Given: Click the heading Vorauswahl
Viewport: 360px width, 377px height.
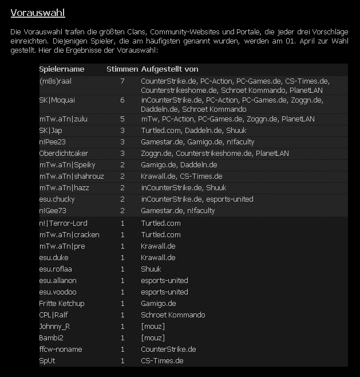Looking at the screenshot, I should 37,13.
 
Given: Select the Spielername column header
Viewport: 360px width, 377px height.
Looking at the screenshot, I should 62,69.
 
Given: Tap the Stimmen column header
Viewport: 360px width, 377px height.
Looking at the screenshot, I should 122,69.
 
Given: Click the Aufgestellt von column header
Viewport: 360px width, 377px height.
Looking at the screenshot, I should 169,69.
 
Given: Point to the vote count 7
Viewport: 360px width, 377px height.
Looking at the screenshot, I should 122,81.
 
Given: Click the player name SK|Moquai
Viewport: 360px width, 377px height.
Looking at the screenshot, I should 57,100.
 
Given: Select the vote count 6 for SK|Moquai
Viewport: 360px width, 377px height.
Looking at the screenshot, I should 122,100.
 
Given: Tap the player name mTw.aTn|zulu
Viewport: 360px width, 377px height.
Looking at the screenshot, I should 63,119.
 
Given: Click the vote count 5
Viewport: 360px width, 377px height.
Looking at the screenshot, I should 122,119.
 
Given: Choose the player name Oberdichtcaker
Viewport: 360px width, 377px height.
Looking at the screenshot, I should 64,153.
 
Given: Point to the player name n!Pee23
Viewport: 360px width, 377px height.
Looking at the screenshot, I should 53,142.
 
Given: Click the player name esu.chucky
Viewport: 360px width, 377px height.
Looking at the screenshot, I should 57,199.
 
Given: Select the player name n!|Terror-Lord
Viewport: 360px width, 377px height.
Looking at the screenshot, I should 63,223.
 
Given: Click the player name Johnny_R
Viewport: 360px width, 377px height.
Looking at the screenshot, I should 54,326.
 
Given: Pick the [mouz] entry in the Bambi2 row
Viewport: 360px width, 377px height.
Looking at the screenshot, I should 153,337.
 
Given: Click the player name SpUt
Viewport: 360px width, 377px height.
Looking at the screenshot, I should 47,360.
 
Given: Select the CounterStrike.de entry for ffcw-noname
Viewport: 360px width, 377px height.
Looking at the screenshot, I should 168,349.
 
